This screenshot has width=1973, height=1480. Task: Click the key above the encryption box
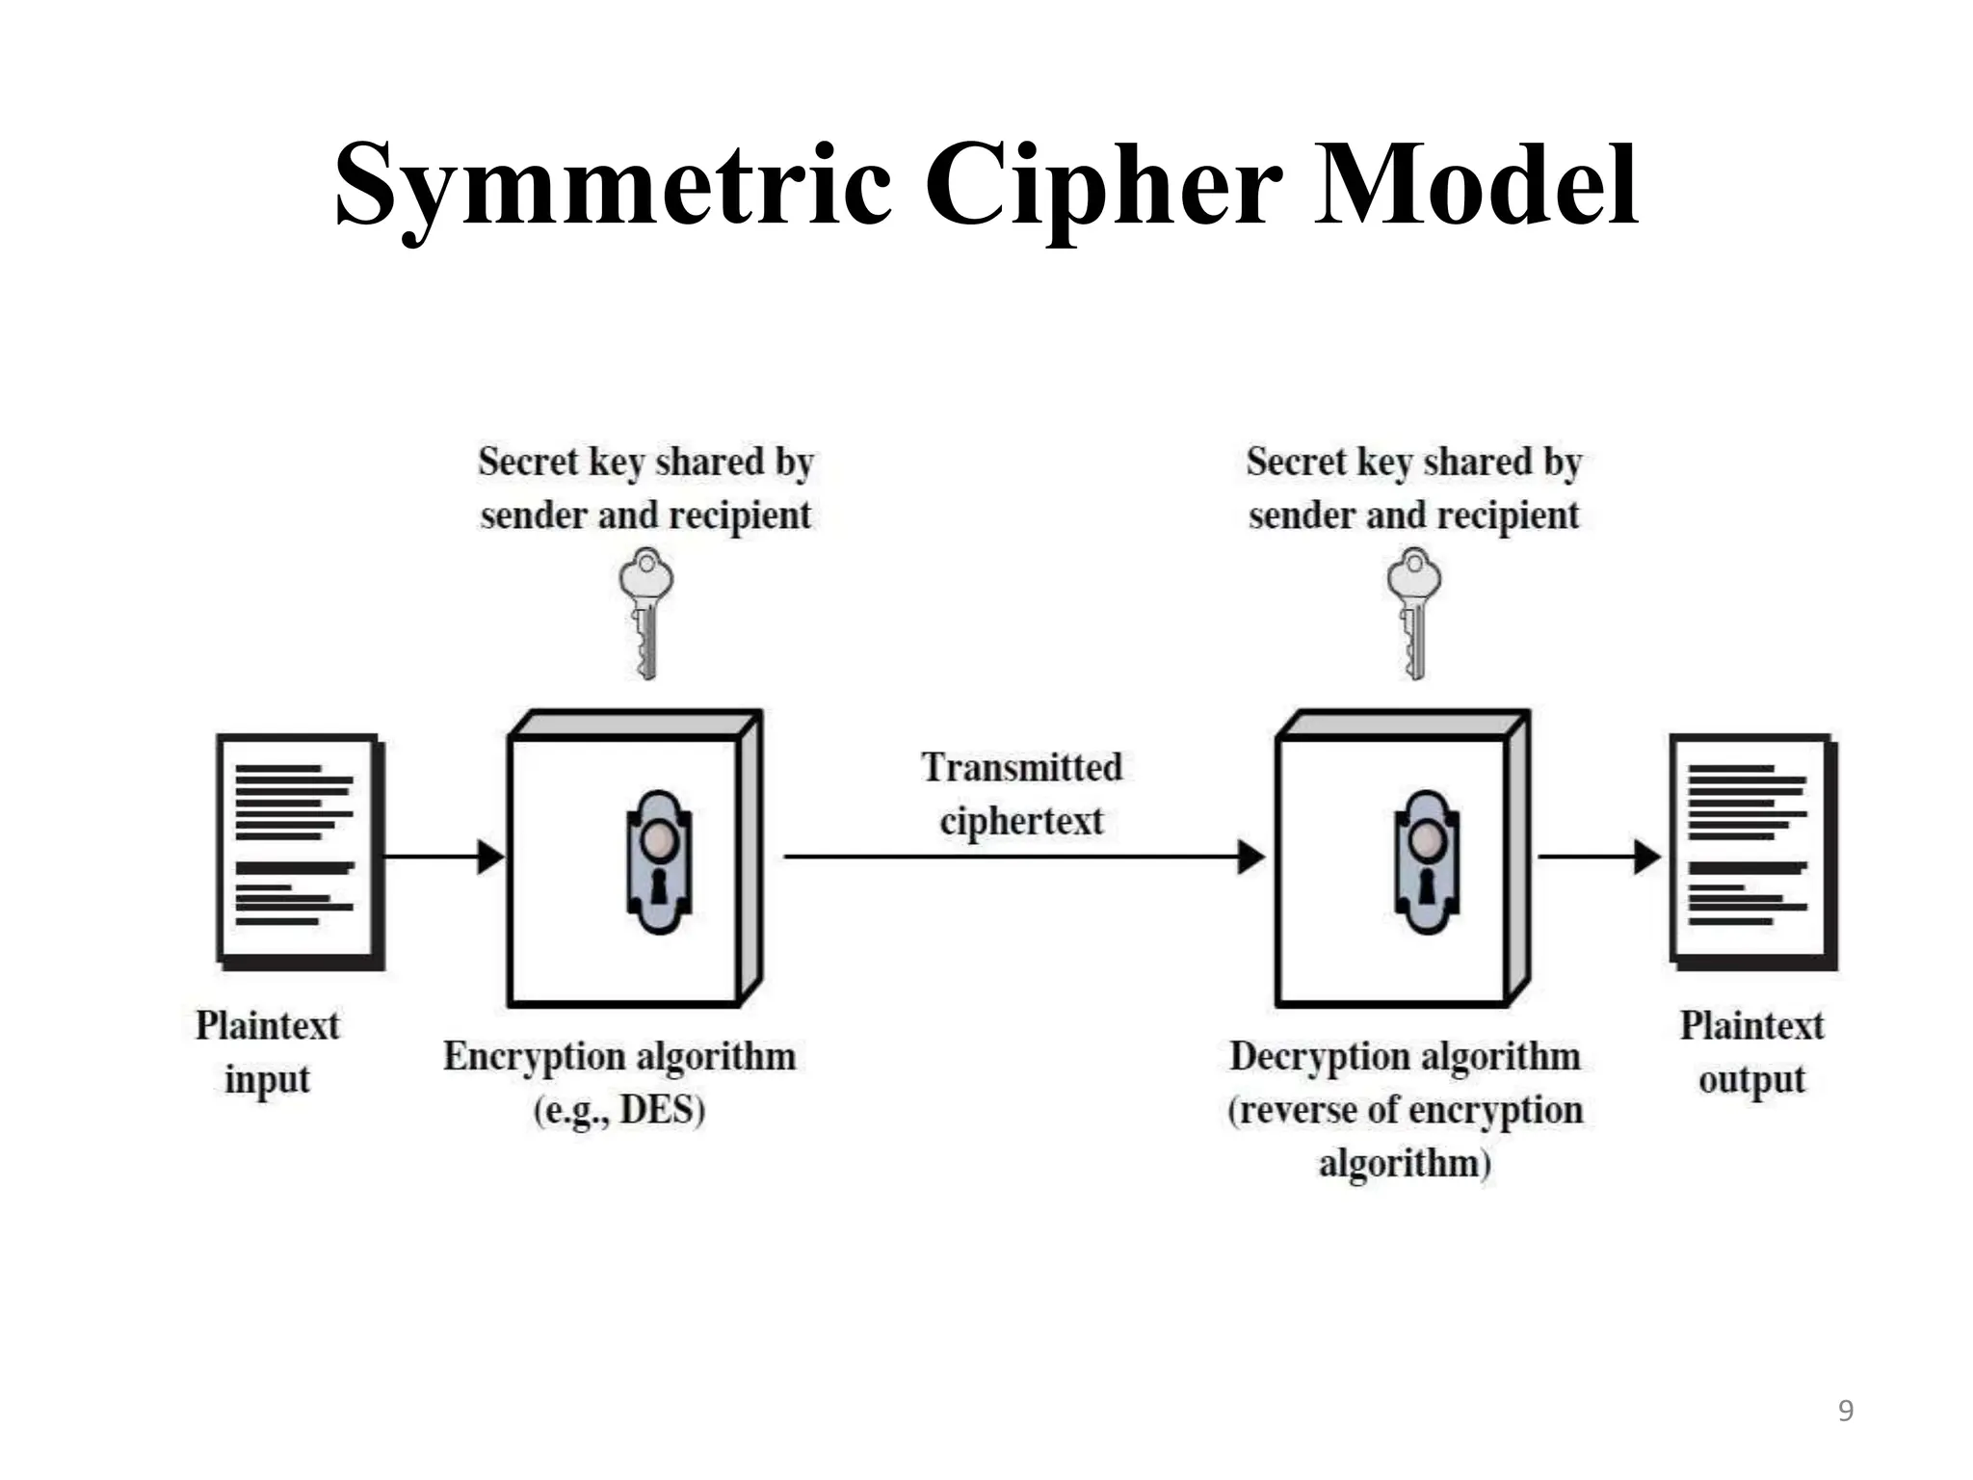click(x=645, y=613)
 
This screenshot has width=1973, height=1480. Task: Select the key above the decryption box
click(x=1413, y=613)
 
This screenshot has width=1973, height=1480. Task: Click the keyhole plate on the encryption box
click(x=659, y=861)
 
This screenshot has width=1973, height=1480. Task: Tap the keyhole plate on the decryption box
click(x=1427, y=861)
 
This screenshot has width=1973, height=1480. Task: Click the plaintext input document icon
click(x=300, y=851)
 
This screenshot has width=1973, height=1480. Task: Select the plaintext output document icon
click(x=1752, y=851)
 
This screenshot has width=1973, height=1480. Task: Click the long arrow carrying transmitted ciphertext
click(x=1021, y=856)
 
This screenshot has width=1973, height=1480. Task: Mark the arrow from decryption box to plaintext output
click(x=1599, y=856)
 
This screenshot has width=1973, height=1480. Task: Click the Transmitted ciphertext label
click(x=1021, y=794)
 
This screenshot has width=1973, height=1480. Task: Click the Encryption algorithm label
click(x=619, y=1057)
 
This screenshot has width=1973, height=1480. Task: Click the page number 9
click(x=1845, y=1411)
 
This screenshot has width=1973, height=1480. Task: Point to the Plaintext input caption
click(x=268, y=1051)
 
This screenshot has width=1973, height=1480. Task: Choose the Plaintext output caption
click(x=1751, y=1051)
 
